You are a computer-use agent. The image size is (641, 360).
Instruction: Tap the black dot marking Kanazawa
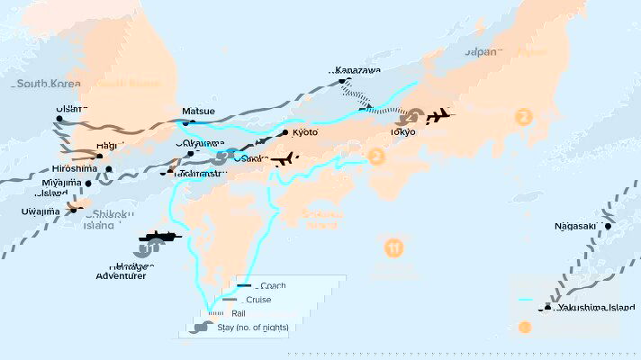point(343,83)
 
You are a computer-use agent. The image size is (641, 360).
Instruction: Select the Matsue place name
point(198,112)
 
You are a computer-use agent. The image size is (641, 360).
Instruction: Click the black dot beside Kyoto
point(285,133)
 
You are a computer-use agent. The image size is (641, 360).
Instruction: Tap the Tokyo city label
point(402,132)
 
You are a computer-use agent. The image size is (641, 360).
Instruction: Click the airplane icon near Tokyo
point(440,116)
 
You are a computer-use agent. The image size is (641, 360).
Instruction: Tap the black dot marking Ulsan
point(59,119)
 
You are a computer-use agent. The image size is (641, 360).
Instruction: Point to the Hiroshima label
point(77,168)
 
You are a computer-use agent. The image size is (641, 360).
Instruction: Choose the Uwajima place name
point(41,211)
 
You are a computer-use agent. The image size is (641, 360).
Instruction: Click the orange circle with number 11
point(393,247)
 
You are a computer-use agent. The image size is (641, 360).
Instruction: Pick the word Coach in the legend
point(272,285)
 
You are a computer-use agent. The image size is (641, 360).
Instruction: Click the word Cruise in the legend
point(273,299)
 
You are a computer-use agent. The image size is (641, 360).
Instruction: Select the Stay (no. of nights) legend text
point(253,327)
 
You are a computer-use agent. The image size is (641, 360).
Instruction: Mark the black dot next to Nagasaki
point(609,227)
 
